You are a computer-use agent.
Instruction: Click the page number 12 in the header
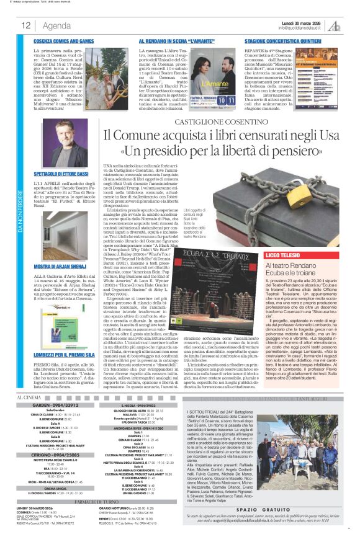click(27, 25)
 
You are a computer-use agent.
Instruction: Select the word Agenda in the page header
click(56, 25)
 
